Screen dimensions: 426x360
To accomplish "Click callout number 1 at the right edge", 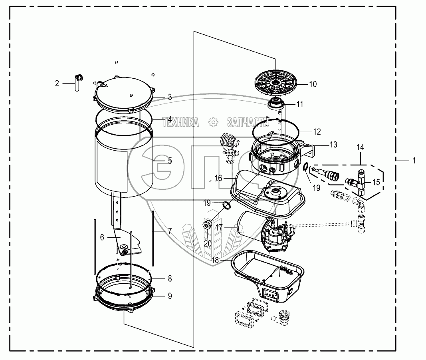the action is pyautogui.click(x=414, y=160).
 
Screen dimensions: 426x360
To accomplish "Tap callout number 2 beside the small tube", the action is pyautogui.click(x=57, y=84).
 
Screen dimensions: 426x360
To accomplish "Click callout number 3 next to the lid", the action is pyautogui.click(x=170, y=97).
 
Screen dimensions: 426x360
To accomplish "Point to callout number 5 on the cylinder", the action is pyautogui.click(x=170, y=161).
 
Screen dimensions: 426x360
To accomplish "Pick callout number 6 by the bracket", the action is pyautogui.click(x=102, y=237).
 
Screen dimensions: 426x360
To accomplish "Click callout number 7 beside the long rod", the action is pyautogui.click(x=170, y=231).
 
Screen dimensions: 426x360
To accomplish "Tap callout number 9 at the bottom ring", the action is pyautogui.click(x=170, y=296).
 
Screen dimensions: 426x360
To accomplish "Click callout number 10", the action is pyautogui.click(x=313, y=84).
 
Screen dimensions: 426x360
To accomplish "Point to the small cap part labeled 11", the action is pyautogui.click(x=275, y=105).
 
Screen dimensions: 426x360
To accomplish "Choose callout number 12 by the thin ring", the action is pyautogui.click(x=317, y=131).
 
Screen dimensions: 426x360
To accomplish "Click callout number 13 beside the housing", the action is pyautogui.click(x=333, y=145).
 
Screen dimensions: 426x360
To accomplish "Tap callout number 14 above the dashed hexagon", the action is pyautogui.click(x=361, y=147).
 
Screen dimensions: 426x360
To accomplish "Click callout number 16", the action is pyautogui.click(x=218, y=179).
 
